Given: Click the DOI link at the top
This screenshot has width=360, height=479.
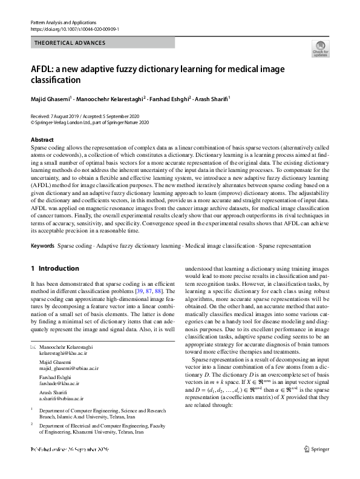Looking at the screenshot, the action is (x=74, y=29).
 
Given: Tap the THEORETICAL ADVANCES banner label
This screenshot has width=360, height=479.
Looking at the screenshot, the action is (x=70, y=43).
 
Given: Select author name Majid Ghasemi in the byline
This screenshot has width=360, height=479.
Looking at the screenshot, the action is (x=51, y=97).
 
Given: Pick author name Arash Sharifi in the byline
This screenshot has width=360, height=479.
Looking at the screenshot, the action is (x=212, y=97).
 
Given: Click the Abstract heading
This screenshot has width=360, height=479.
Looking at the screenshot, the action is (x=42, y=140).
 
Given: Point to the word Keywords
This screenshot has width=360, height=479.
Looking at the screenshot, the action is (x=43, y=263).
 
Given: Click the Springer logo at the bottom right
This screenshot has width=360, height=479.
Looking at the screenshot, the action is (x=319, y=449).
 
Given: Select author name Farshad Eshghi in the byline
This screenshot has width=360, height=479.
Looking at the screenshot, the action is (x=171, y=97).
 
